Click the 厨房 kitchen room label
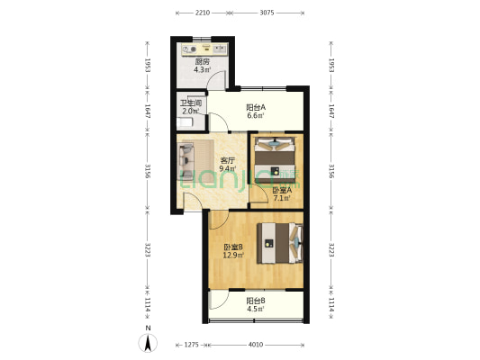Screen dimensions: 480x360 click(x=203, y=61)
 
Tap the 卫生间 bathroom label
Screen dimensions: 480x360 click(x=190, y=103)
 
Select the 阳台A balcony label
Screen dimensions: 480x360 click(x=256, y=108)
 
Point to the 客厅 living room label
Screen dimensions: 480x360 click(x=228, y=160)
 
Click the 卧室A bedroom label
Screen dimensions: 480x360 click(x=282, y=190)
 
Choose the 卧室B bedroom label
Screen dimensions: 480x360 click(x=233, y=247)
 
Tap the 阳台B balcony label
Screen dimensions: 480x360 click(x=256, y=301)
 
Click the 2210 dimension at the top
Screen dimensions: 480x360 click(x=203, y=13)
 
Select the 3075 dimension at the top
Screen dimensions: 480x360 click(x=267, y=13)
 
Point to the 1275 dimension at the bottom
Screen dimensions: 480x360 click(x=192, y=345)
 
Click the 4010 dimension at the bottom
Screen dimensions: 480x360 click(x=256, y=345)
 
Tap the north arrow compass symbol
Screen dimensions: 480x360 click(x=148, y=343)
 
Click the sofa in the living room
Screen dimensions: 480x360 click(x=186, y=161)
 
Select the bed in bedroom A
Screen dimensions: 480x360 click(x=276, y=160)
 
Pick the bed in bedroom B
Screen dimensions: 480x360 click(x=280, y=243)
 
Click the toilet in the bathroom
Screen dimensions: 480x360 click(x=185, y=123)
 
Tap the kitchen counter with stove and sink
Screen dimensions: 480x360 click(x=204, y=49)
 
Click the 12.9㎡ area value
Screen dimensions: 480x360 click(x=233, y=255)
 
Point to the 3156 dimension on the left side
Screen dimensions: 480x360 click(x=148, y=171)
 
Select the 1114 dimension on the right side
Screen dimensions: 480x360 click(x=331, y=305)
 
